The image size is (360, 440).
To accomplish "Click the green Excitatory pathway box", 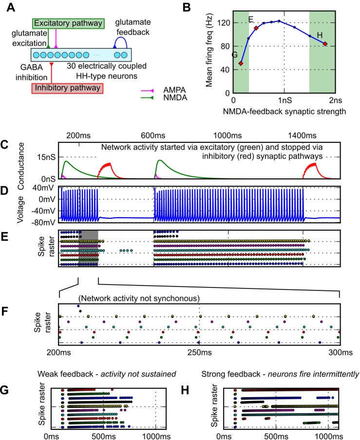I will click(x=69, y=23).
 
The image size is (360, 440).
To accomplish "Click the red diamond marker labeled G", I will click(x=241, y=63).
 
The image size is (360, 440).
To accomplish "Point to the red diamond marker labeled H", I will click(x=325, y=44).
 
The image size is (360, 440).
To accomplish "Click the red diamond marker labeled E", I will click(x=256, y=28).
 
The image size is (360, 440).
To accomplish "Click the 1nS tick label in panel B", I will click(x=284, y=99).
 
